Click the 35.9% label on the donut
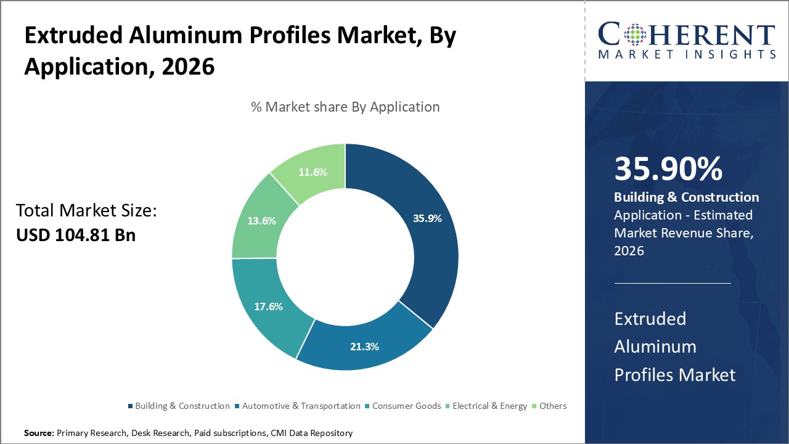[x=427, y=218]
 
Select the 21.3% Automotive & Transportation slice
[x=364, y=346]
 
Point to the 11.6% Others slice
[x=312, y=173]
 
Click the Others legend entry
[x=552, y=406]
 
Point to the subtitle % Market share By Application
[x=345, y=107]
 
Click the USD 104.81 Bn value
[x=76, y=235]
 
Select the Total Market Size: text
[x=86, y=211]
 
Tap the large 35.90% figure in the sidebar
[x=668, y=170]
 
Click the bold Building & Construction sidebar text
[x=686, y=197]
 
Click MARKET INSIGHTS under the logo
[x=686, y=54]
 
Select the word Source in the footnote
[x=38, y=434]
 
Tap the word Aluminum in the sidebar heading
[x=655, y=347]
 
